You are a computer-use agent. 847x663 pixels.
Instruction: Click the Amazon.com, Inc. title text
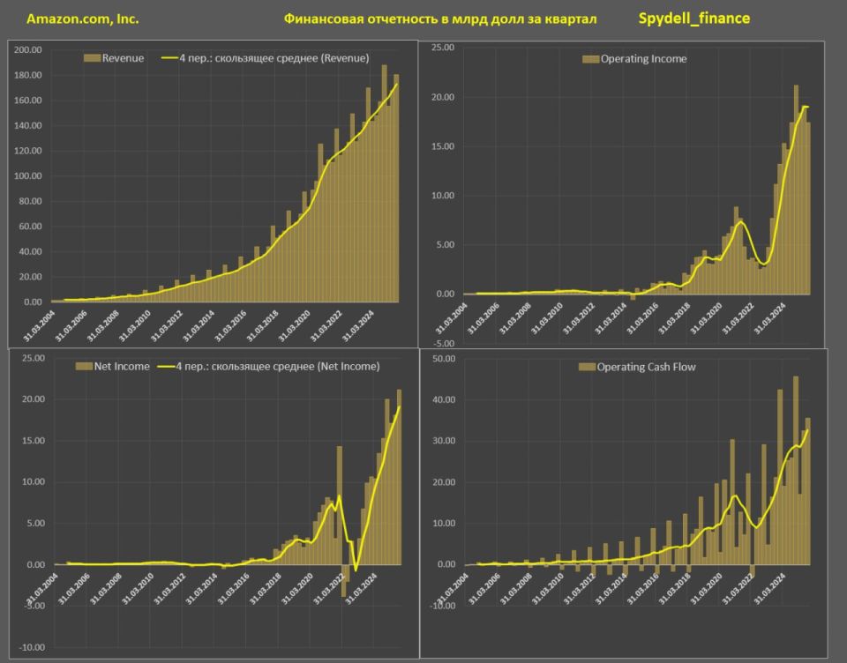83,19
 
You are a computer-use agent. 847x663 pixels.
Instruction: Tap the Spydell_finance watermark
693,18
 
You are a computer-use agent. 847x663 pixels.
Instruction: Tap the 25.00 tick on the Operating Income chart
441,48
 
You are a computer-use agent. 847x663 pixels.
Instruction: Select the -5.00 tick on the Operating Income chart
441,343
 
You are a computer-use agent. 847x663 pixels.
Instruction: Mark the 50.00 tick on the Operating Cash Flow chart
441,359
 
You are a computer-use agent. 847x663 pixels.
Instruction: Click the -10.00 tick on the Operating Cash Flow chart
439,606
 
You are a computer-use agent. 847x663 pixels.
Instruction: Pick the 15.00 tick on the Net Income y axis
33,441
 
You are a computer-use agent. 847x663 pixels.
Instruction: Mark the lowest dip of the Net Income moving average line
355,570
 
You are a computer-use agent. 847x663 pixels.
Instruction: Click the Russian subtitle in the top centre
440,19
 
